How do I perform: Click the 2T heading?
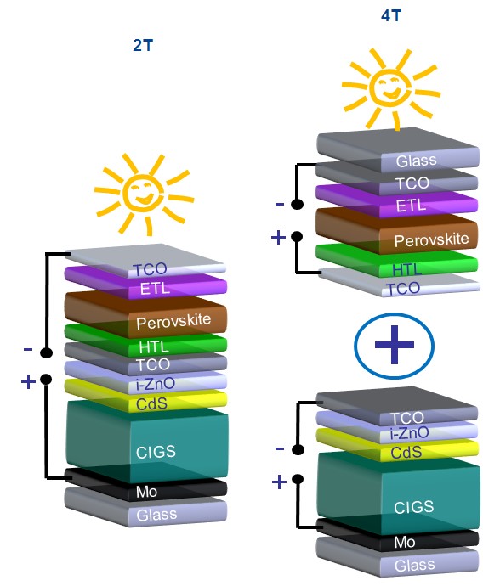143,45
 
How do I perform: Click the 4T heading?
391,15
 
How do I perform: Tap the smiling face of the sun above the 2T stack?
144,193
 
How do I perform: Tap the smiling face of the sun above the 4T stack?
390,87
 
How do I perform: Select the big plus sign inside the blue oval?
394,344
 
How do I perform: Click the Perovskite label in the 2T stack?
173,321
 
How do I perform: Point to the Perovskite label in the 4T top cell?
431,239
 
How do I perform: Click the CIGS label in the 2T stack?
156,452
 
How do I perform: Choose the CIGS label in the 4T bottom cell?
414,507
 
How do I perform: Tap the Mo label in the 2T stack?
146,492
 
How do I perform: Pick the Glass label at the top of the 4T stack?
416,161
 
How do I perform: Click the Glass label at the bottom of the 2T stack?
156,515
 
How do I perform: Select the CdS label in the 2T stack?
151,404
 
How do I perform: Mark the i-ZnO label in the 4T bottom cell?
409,433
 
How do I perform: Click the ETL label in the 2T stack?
156,289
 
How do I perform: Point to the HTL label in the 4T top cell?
406,269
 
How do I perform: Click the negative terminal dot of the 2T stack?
46,352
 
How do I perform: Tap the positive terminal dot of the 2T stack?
46,380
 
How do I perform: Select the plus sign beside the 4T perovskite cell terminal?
278,237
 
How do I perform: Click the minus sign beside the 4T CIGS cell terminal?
280,448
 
